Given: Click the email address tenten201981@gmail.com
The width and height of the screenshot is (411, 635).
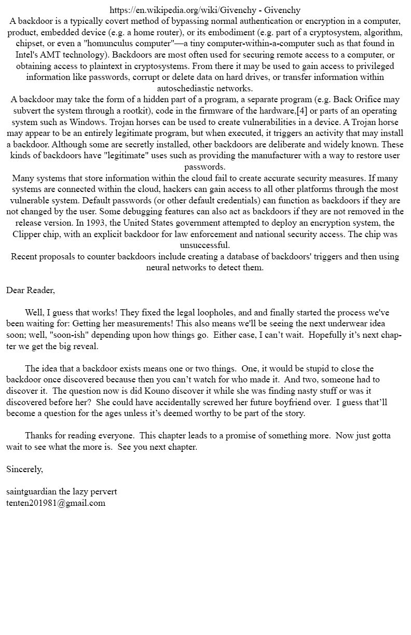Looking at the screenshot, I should click(56, 503).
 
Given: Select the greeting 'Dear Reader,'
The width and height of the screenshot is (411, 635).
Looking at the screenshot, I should click(31, 290).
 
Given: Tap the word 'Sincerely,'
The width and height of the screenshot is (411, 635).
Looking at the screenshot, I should click(24, 470).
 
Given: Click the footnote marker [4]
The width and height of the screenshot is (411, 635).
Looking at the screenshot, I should click(302, 111).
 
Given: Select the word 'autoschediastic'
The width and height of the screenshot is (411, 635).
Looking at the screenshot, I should click(186, 88).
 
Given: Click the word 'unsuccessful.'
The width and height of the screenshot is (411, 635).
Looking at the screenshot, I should click(205, 245).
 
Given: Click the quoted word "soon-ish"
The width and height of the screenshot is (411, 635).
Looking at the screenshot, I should click(70, 335).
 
